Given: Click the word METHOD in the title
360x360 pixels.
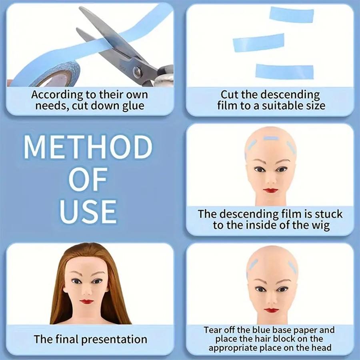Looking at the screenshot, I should [x=88, y=148].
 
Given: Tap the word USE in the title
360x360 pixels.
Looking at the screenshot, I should [x=88, y=211].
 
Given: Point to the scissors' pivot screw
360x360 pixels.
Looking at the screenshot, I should [x=138, y=72].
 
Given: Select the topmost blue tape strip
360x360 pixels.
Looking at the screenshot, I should [x=291, y=14].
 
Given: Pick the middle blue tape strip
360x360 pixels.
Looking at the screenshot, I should [x=258, y=42].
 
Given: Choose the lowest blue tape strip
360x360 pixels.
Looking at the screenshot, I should [x=284, y=71].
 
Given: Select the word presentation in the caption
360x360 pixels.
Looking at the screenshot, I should [x=114, y=340].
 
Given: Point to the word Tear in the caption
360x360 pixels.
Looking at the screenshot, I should [x=212, y=330].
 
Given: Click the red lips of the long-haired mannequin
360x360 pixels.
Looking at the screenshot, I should [x=86, y=302].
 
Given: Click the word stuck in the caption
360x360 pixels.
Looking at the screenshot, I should [x=328, y=214].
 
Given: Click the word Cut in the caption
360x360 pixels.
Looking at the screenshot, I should [x=230, y=95].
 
